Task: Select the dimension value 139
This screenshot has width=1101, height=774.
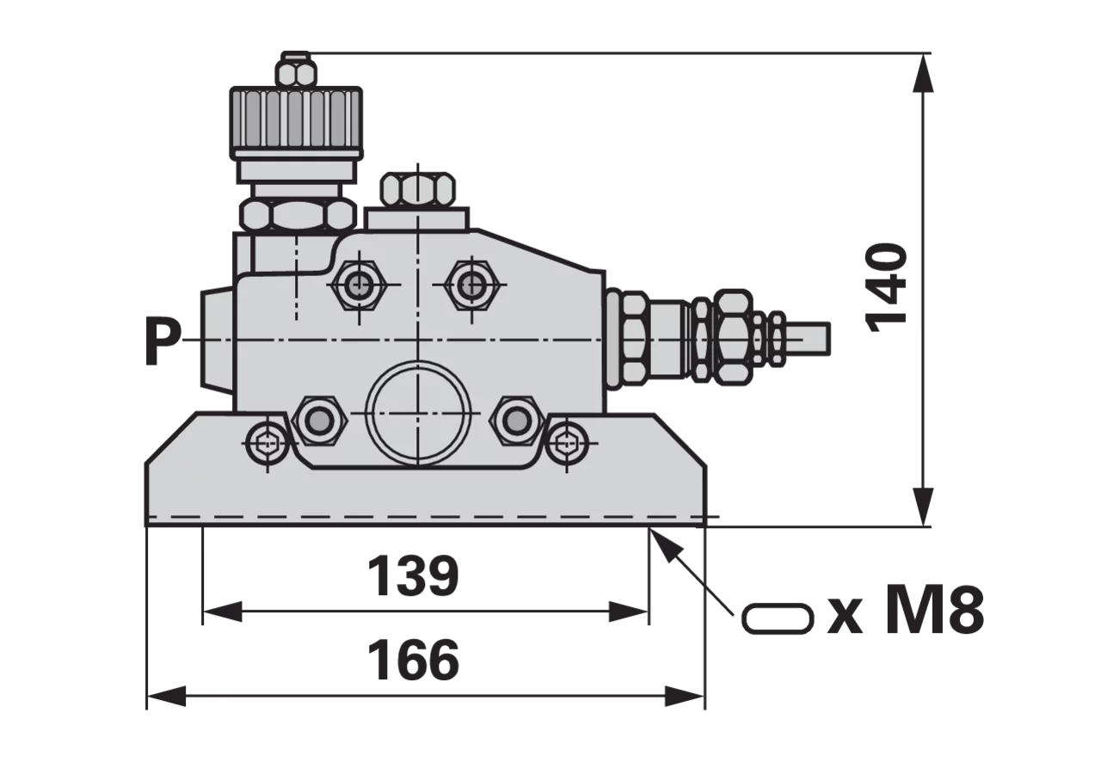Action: [413, 576]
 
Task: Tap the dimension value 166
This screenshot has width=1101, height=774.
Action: [413, 660]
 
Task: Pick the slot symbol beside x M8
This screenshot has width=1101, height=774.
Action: [777, 618]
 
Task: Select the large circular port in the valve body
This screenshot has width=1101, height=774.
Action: [418, 413]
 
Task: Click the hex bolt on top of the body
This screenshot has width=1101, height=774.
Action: [418, 190]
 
